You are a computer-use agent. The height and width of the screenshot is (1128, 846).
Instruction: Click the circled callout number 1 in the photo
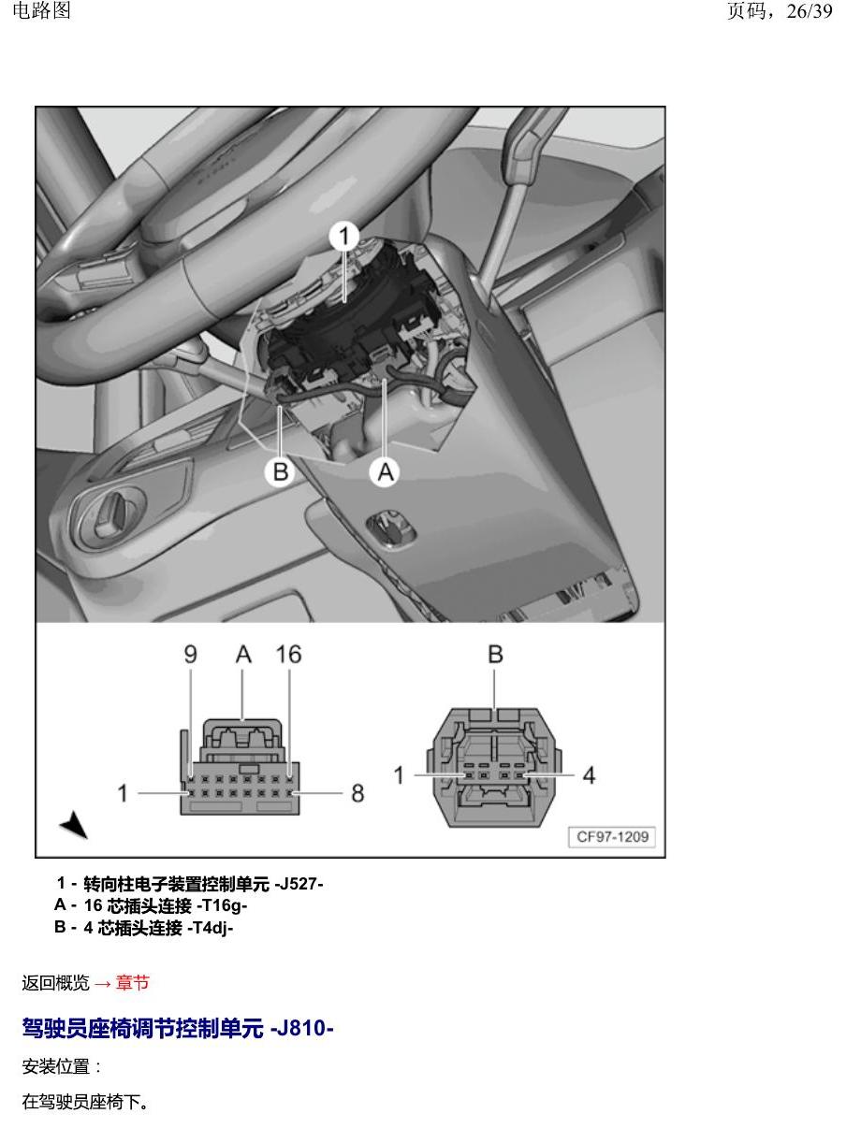[x=344, y=236]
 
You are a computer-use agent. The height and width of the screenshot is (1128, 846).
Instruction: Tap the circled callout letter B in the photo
[x=280, y=471]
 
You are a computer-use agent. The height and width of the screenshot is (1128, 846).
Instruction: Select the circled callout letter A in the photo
[x=385, y=471]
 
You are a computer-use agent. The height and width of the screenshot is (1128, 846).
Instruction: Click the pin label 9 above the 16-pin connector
[x=190, y=654]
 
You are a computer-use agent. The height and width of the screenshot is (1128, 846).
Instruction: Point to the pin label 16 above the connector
[x=288, y=654]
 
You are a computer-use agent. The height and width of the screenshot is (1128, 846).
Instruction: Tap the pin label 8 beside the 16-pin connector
[x=357, y=793]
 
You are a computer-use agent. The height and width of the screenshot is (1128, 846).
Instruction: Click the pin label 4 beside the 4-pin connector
[x=589, y=775]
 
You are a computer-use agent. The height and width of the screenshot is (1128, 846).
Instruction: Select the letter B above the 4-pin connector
[x=495, y=654]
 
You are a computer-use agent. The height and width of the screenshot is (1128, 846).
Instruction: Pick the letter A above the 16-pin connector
[x=243, y=654]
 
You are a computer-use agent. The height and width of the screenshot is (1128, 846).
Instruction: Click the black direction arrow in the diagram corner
[x=75, y=824]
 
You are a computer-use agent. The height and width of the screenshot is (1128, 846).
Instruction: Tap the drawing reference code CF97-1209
[x=612, y=836]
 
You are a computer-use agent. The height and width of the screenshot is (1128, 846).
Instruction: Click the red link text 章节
[x=132, y=983]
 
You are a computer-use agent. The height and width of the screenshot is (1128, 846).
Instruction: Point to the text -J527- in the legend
[x=299, y=884]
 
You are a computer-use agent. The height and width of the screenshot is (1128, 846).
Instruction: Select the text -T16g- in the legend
[x=222, y=905]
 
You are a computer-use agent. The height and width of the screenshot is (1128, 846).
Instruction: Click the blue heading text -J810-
[x=301, y=1028]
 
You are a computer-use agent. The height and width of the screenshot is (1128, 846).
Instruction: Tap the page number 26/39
[x=809, y=11]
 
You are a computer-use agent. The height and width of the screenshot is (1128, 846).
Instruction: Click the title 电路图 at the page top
[x=41, y=10]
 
